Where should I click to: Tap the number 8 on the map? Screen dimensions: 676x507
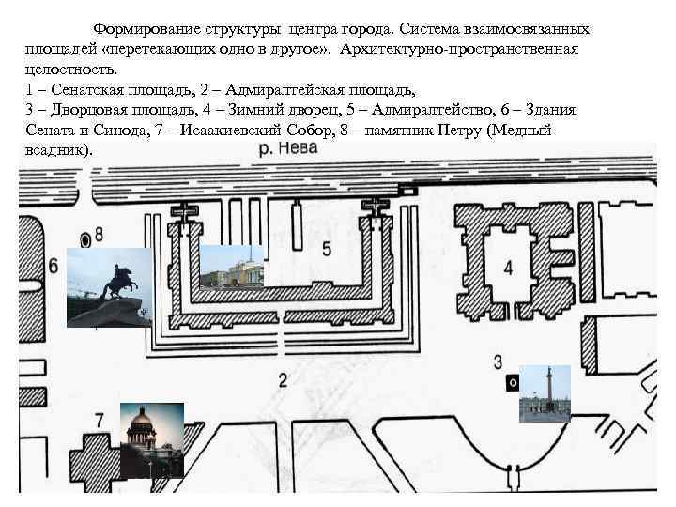coord(100,234)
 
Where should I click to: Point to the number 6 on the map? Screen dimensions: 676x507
coord(53,266)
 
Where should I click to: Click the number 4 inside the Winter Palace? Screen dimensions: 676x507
coord(508,269)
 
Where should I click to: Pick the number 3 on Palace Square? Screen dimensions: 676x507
coord(499,361)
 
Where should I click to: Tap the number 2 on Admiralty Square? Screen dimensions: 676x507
coord(283,379)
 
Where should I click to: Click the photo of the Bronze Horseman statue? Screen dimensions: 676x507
coord(109,287)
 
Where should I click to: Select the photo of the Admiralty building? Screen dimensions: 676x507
coord(232,267)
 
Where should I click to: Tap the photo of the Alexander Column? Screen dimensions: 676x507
coord(545,393)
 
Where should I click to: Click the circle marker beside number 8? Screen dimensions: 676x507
coord(86,238)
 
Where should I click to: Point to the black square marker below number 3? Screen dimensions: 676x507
coord(512,382)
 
